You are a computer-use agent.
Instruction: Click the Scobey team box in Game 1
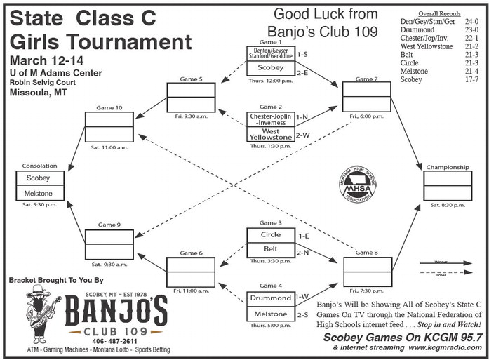click(x=270, y=68)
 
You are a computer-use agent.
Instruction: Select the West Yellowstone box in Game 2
click(x=270, y=133)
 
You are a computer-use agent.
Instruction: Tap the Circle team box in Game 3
click(x=270, y=235)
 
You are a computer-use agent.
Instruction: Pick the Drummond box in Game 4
click(x=270, y=298)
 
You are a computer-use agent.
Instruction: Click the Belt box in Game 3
click(x=270, y=248)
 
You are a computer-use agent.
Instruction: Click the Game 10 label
click(x=109, y=107)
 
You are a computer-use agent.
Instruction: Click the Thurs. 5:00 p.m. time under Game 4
click(x=270, y=326)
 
